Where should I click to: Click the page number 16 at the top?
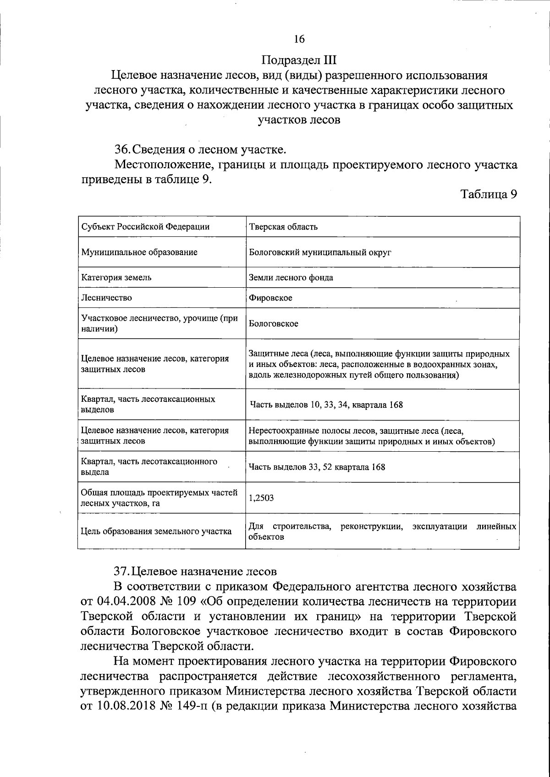299,39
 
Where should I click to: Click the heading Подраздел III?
299,60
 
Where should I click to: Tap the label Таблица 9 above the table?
489,194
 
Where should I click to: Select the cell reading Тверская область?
283,227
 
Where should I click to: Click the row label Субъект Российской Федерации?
145,227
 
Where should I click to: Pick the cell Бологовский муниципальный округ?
320,252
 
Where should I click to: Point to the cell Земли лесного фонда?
291,277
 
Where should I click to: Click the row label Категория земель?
116,277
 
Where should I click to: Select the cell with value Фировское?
270,298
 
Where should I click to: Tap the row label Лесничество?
106,298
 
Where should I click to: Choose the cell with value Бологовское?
274,323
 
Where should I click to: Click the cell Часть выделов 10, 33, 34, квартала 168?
326,405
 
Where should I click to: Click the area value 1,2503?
261,498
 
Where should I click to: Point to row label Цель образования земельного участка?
156,531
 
